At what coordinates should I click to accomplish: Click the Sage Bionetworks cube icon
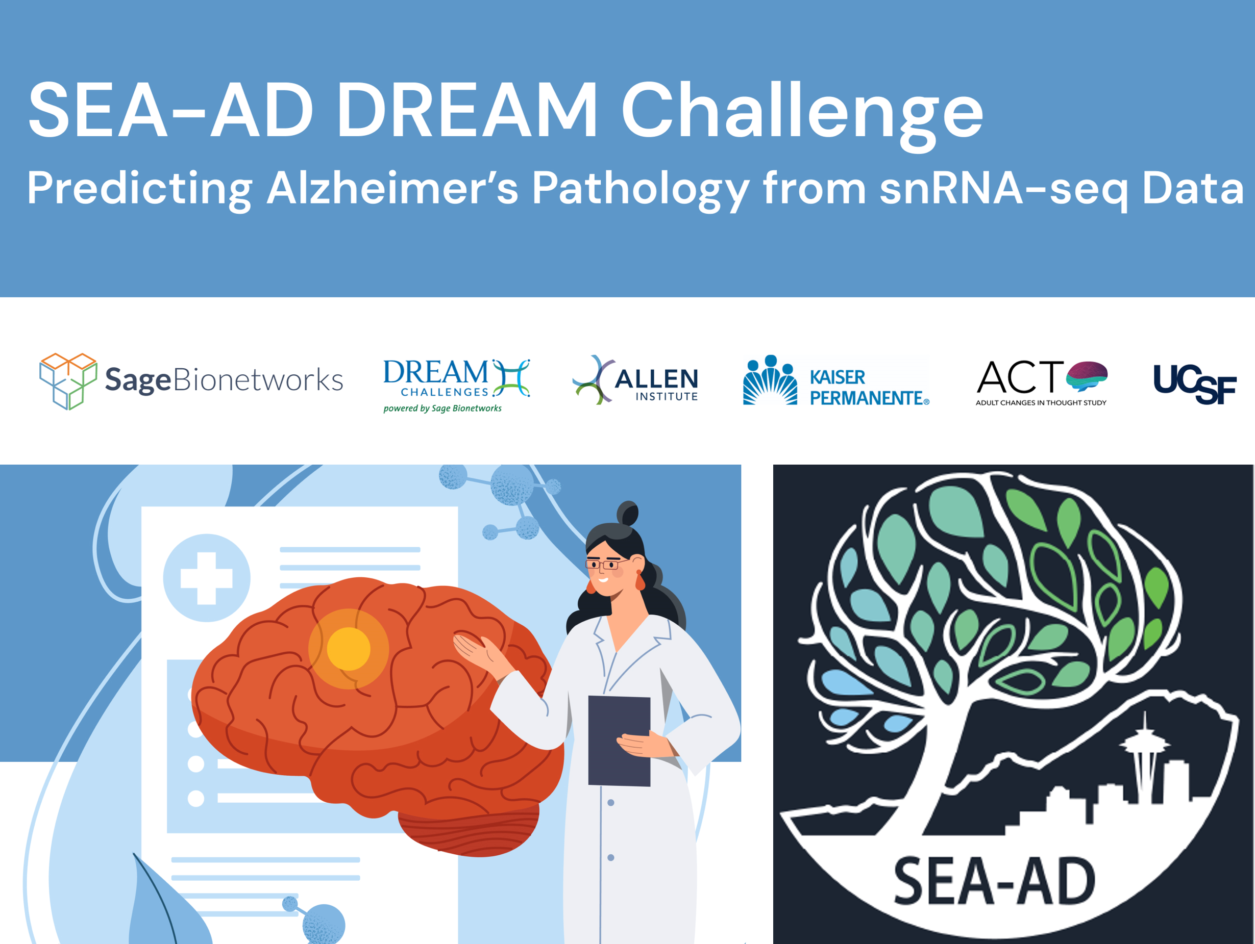click(68, 380)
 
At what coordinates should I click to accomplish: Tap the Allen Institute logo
click(635, 380)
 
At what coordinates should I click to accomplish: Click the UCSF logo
click(1195, 384)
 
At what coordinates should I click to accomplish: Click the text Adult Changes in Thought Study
click(1041, 402)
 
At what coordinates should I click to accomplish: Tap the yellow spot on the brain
click(349, 649)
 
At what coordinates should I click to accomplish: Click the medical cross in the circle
click(207, 578)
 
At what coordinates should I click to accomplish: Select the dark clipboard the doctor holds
click(619, 741)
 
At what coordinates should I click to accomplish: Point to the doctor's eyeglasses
click(605, 564)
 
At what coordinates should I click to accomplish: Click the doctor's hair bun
click(628, 514)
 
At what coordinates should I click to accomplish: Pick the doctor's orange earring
click(640, 580)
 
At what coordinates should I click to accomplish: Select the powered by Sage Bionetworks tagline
click(442, 408)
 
